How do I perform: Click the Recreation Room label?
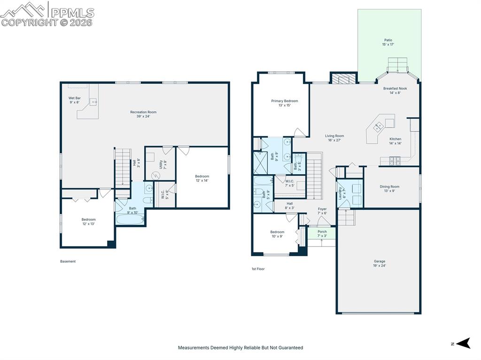[x=143, y=114]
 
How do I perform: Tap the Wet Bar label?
[x=75, y=100]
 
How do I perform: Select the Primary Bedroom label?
[x=284, y=103]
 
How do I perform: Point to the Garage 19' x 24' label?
[x=380, y=263]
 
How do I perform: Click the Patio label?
[x=388, y=42]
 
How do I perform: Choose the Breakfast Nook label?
[x=395, y=91]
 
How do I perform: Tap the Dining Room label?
[x=389, y=189]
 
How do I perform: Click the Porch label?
[x=322, y=234]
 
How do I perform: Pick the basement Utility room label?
[x=163, y=165]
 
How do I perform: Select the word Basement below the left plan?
[x=68, y=261]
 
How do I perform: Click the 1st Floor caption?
[x=258, y=269]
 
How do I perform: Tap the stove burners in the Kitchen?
[x=395, y=161]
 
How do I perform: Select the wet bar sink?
[x=93, y=101]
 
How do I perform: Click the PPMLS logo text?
[x=72, y=13]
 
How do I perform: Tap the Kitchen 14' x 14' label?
[x=396, y=141]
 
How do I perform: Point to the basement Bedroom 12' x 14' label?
[x=202, y=178]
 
